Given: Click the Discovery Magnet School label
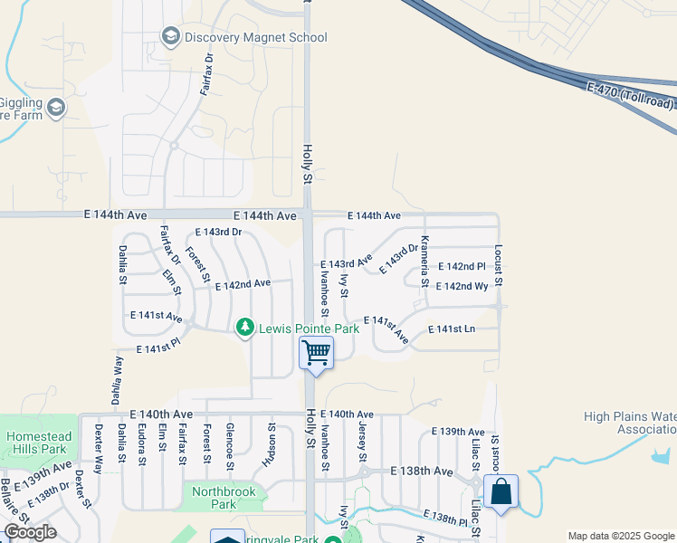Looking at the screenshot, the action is (x=255, y=37).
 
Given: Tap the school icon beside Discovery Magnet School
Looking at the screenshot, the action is (x=169, y=36).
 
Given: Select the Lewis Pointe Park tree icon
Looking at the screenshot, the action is (x=244, y=327).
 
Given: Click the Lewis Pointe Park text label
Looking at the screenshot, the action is (x=308, y=328).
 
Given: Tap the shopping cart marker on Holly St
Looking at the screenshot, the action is (x=317, y=352).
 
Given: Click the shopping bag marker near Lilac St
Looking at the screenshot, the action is (x=501, y=492).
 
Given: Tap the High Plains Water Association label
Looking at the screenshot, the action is (x=630, y=423).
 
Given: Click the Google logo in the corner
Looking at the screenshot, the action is (x=30, y=532).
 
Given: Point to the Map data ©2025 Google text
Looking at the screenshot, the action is (x=621, y=536).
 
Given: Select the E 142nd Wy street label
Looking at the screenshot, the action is (x=462, y=287).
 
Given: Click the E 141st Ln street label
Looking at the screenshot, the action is (x=451, y=329).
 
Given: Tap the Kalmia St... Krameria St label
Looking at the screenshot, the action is (x=424, y=260).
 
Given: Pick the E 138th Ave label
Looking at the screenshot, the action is (x=421, y=472).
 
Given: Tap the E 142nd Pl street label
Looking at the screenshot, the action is (x=462, y=267).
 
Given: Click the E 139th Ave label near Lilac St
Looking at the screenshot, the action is (x=458, y=432).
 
